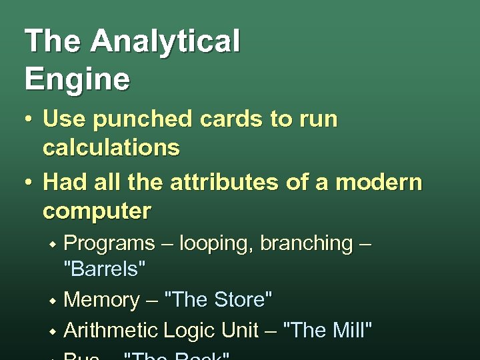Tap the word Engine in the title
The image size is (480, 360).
pyautogui.click(x=77, y=79)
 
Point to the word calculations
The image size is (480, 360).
pyautogui.click(x=111, y=147)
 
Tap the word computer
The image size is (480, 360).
pyautogui.click(x=97, y=211)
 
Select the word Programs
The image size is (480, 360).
pyautogui.click(x=108, y=244)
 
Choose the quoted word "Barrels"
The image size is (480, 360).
pyautogui.click(x=103, y=271)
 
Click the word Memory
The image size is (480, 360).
pyautogui.click(x=101, y=301)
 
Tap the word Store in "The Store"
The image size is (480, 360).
pyautogui.click(x=240, y=300)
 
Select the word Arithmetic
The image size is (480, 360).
pyautogui.click(x=110, y=329)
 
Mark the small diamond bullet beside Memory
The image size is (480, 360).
pyautogui.click(x=51, y=301)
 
